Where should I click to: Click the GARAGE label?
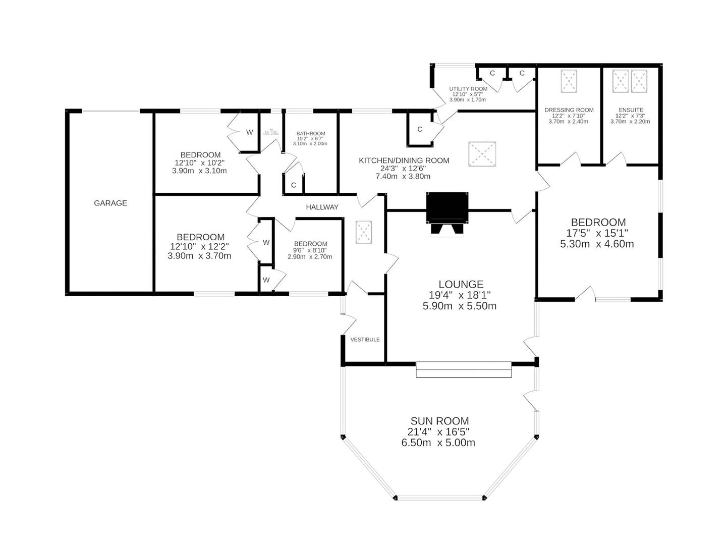(x=110, y=203)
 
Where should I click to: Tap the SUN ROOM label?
(x=439, y=421)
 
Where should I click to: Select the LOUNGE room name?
(x=461, y=285)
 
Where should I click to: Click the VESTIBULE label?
(x=365, y=340)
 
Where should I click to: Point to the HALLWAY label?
(x=322, y=207)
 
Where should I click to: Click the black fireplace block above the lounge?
(x=447, y=207)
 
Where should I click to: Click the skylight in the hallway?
(x=364, y=232)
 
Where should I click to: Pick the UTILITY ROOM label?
(x=468, y=89)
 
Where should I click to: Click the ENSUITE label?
(x=631, y=110)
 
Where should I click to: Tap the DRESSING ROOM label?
(x=569, y=110)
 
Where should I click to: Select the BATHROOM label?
(x=310, y=134)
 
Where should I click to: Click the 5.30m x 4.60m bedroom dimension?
(x=597, y=244)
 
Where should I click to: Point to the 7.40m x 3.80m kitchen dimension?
(x=403, y=176)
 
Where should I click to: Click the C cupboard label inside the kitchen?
(x=420, y=129)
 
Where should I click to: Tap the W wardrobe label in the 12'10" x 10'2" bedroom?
(x=249, y=132)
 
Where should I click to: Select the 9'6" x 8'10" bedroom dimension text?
(x=310, y=250)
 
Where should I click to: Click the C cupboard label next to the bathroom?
(x=294, y=185)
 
